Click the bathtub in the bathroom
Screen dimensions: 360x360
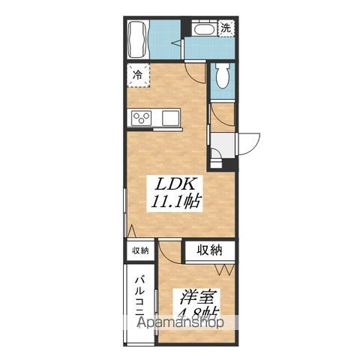point(138,39)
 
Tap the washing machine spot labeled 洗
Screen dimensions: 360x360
point(226,28)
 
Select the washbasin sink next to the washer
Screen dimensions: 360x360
point(204,29)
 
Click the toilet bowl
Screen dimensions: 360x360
point(222,75)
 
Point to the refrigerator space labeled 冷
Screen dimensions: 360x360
point(138,75)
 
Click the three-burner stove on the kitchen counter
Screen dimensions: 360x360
point(142,118)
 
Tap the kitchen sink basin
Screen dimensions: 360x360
point(170,118)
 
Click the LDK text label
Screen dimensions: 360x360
point(175,184)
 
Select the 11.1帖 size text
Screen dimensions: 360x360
point(175,202)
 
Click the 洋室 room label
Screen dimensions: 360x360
point(198,298)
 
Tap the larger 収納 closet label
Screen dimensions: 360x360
point(209,250)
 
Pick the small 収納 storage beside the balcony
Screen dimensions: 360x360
point(140,250)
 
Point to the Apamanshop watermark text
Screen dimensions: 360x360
point(181,322)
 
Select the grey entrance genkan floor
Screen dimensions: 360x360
point(223,145)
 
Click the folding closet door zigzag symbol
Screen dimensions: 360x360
point(224,269)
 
